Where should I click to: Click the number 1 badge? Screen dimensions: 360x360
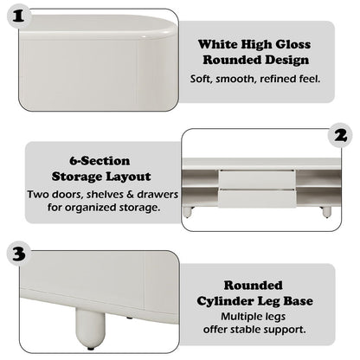(20, 15)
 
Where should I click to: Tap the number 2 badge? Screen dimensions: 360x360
(341, 135)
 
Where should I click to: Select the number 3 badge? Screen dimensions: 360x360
(19, 254)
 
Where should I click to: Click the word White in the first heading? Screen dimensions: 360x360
(216, 43)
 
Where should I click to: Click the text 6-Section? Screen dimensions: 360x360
(100, 161)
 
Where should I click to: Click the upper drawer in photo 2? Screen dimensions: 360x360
(257, 179)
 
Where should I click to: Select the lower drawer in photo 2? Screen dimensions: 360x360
(257, 196)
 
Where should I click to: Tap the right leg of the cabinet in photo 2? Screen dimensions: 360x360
(325, 210)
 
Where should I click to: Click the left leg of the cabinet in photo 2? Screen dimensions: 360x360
(187, 209)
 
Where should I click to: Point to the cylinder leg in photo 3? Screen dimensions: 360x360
(91, 326)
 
